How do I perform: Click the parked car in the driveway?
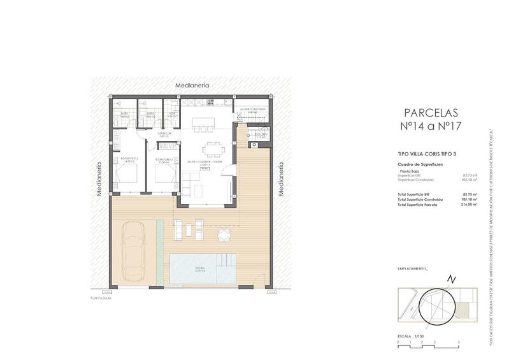134,250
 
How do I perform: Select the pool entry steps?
226,262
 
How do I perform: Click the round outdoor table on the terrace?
223,235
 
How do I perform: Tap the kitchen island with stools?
201,121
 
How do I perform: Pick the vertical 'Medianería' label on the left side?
99,180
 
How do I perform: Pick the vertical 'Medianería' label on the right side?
280,180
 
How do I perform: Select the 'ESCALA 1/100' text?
412,336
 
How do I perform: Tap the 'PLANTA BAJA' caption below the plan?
101,298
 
